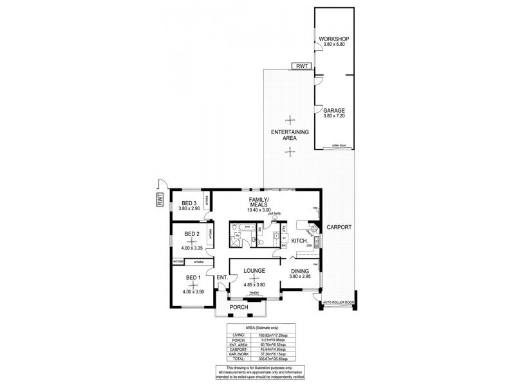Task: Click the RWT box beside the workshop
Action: click(x=301, y=66)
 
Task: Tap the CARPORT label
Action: click(x=339, y=228)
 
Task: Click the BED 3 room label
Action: click(x=189, y=203)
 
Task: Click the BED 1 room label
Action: click(x=193, y=277)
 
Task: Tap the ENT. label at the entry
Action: click(x=221, y=278)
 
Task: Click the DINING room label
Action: click(x=299, y=272)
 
